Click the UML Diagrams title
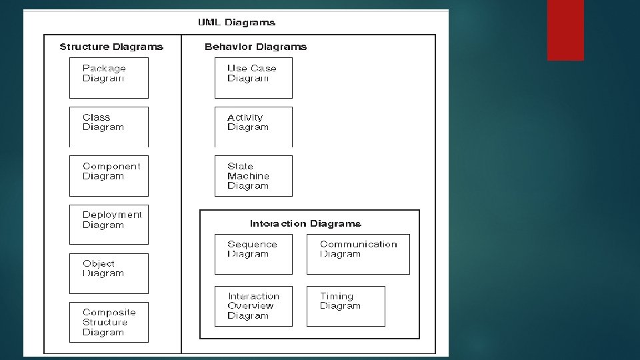click(236, 23)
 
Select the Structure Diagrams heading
click(111, 47)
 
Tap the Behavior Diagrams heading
click(255, 47)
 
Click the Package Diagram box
click(109, 78)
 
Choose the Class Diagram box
click(109, 127)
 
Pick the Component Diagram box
click(109, 176)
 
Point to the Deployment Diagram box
click(109, 225)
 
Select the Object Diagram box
click(109, 273)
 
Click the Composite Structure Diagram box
click(109, 323)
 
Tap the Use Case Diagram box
click(253, 78)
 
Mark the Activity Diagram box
click(253, 127)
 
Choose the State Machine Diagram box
click(253, 176)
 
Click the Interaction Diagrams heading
click(305, 224)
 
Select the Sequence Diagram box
click(253, 254)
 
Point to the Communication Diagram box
click(358, 254)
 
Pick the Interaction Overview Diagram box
click(253, 306)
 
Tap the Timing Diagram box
click(345, 306)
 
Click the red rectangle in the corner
click(565, 30)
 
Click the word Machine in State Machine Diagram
click(248, 176)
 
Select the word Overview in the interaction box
click(250, 306)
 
